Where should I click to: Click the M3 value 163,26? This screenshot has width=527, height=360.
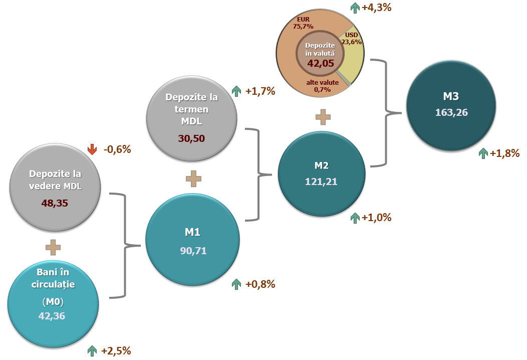tap(451, 112)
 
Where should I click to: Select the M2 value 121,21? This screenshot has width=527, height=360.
tap(321, 181)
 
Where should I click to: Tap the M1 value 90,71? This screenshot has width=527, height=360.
tap(193, 250)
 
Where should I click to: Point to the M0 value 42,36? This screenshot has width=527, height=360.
tap(52, 315)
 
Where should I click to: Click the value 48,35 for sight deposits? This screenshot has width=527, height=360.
tap(56, 204)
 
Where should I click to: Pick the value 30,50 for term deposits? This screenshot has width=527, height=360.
tap(192, 138)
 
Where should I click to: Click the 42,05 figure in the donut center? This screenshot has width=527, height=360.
tap(320, 64)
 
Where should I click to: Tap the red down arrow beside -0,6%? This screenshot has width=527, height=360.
tap(92, 149)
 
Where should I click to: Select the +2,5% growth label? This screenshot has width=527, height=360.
tap(116, 350)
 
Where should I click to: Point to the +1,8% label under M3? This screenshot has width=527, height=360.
tap(504, 153)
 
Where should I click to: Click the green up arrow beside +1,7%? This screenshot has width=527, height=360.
tap(236, 91)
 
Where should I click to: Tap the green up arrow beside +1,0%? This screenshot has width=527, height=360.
tap(355, 218)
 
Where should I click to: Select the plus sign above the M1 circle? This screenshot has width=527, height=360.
tap(193, 179)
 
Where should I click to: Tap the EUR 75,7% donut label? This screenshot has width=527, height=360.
tap(303, 22)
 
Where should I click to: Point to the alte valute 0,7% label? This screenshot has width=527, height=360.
tap(322, 86)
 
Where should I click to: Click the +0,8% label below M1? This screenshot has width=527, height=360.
tap(260, 284)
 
